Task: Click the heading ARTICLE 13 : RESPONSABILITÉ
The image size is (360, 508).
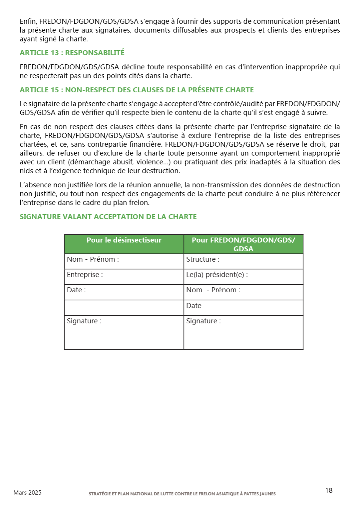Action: (x=72, y=53)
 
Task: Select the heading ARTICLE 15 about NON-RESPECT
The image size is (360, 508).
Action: (x=137, y=90)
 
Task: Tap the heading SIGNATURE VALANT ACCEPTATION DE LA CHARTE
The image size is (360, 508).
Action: (x=108, y=217)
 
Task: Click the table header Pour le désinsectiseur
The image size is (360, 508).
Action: (x=124, y=240)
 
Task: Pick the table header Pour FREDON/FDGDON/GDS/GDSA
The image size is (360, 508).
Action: (x=243, y=244)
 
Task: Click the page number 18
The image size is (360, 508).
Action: (x=329, y=491)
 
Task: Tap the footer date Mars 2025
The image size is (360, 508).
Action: (x=27, y=493)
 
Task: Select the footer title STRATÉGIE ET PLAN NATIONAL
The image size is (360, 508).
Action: (x=182, y=494)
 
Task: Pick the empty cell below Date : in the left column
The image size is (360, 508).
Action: (x=124, y=307)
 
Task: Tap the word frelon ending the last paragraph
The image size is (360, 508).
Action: (x=141, y=203)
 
